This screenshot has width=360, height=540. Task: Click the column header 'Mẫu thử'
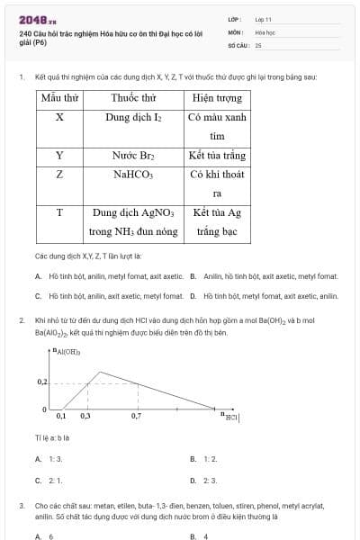tap(59, 97)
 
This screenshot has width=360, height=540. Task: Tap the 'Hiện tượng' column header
tap(217, 97)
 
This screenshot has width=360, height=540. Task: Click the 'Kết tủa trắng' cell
tap(217, 155)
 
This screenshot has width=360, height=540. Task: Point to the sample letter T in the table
tap(59, 212)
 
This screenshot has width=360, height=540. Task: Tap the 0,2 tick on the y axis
tap(41, 382)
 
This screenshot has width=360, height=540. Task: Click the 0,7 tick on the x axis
tap(137, 417)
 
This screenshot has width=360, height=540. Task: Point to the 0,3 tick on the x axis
tap(85, 417)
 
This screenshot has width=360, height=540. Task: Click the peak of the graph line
tap(99, 372)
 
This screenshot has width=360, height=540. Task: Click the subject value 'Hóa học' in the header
tap(265, 31)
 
